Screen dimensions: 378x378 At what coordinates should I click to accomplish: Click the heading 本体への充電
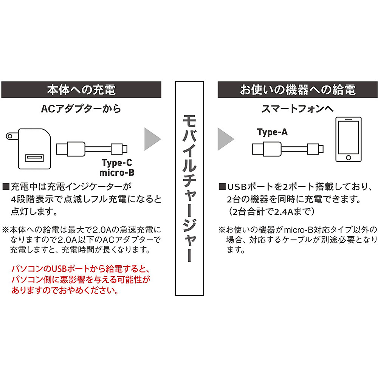81,90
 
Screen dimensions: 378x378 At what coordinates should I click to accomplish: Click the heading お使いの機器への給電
297,90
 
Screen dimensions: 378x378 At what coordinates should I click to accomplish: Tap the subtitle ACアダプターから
81,109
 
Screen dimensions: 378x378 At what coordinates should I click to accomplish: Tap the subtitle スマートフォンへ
297,109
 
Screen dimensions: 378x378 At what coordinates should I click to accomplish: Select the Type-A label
273,132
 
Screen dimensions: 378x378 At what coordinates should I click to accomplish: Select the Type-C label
117,163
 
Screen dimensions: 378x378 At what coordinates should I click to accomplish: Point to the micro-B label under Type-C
117,173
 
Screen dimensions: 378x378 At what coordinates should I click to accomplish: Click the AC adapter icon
29,149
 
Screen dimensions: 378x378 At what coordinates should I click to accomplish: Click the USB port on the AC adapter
35,158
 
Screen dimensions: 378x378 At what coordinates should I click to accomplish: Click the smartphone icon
349,139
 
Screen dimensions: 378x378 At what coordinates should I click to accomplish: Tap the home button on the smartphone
349,158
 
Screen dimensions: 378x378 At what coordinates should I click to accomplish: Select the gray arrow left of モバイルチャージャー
152,139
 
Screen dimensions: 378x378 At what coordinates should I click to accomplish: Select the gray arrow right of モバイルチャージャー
226,139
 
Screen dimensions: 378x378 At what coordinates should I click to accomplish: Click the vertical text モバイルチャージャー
189,188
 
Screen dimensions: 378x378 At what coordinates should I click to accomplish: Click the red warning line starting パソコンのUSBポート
81,268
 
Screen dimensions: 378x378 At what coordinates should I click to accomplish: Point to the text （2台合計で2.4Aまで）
271,212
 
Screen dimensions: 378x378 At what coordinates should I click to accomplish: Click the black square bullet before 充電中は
6,187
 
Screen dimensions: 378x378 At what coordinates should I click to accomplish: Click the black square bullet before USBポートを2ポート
222,187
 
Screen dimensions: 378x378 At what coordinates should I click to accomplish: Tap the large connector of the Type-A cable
272,149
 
